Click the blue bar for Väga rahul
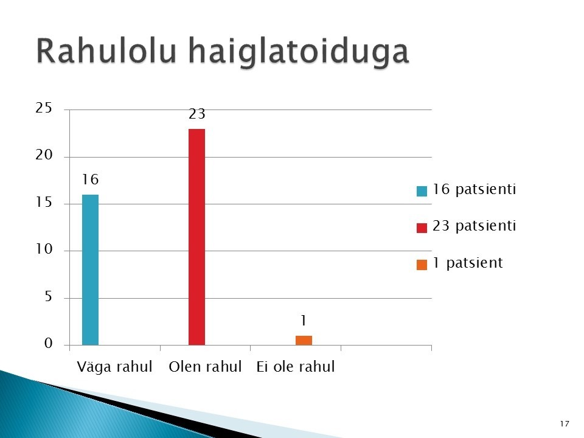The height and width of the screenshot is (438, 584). [x=90, y=269]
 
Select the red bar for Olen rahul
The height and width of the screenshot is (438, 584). [x=196, y=237]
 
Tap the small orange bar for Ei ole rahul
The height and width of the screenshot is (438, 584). [x=304, y=341]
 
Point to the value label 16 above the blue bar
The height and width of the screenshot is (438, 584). [x=90, y=179]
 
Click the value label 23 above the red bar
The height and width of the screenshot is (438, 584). [x=196, y=114]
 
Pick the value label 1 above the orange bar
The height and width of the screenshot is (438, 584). [x=304, y=321]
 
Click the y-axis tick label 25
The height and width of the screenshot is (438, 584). [x=44, y=108]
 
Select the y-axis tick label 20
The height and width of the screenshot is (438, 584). [x=44, y=155]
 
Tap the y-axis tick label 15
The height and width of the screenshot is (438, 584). [x=44, y=202]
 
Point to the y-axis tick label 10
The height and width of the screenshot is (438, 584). [x=44, y=249]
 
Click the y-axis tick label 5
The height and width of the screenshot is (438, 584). [x=49, y=296]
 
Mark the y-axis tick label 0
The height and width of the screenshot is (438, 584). [x=49, y=343]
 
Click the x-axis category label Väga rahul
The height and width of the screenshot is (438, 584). [x=115, y=367]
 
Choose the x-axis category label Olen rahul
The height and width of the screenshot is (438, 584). [x=205, y=367]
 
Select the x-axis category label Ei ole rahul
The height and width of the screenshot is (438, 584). [x=296, y=367]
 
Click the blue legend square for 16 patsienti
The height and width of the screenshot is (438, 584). [x=422, y=191]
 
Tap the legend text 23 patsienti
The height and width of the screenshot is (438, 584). [x=474, y=226]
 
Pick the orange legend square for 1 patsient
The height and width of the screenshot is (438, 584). [x=422, y=265]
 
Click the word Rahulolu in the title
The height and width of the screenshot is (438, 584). [x=106, y=50]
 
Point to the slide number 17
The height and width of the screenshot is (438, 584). [x=565, y=424]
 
